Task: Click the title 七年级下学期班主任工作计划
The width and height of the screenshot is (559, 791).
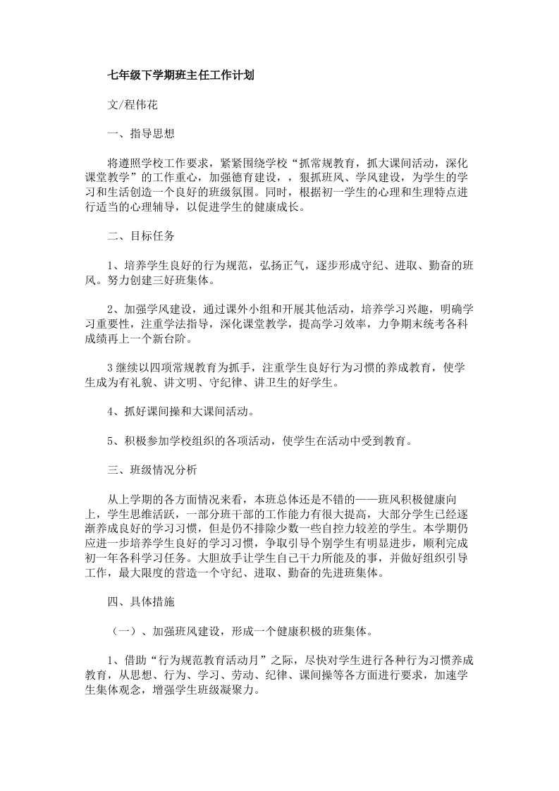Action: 180,75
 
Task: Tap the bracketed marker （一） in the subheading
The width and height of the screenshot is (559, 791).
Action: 118,631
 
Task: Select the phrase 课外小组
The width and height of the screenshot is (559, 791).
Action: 250,309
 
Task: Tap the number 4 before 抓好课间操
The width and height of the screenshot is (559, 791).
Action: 111,412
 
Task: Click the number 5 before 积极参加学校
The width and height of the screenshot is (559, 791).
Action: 111,441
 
